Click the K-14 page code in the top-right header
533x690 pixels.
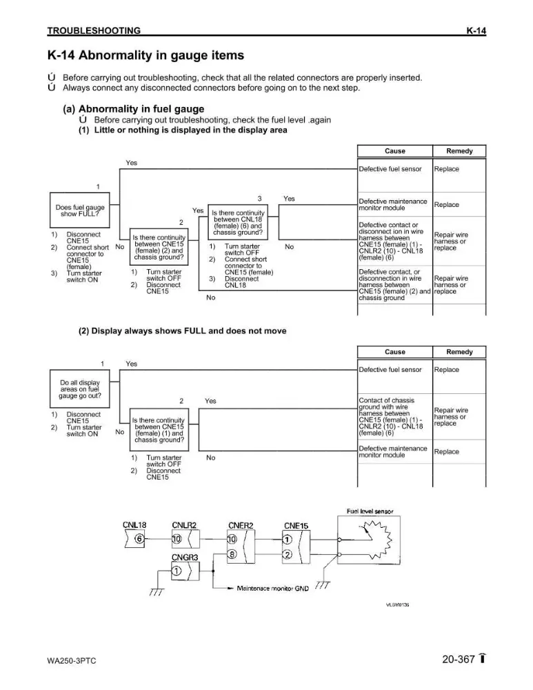point(476,30)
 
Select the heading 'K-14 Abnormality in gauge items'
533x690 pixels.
point(145,55)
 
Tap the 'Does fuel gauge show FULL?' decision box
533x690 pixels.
point(79,210)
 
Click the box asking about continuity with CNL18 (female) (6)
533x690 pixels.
point(237,222)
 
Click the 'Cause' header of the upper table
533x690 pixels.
point(395,151)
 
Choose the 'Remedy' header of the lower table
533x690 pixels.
point(459,352)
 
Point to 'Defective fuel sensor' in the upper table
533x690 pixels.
point(390,169)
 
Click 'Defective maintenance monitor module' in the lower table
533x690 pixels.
point(393,451)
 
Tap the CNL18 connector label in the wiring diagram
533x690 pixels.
point(134,525)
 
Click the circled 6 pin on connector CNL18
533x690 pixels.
point(139,539)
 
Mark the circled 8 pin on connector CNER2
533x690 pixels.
point(232,555)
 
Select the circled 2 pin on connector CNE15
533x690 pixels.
point(287,555)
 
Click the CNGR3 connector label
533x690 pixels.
point(185,558)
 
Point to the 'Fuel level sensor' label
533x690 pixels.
point(370,511)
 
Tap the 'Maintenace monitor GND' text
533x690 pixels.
point(272,589)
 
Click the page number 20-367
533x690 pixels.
point(459,659)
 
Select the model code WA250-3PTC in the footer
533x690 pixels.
point(71,661)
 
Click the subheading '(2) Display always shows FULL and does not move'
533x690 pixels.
point(183,331)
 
